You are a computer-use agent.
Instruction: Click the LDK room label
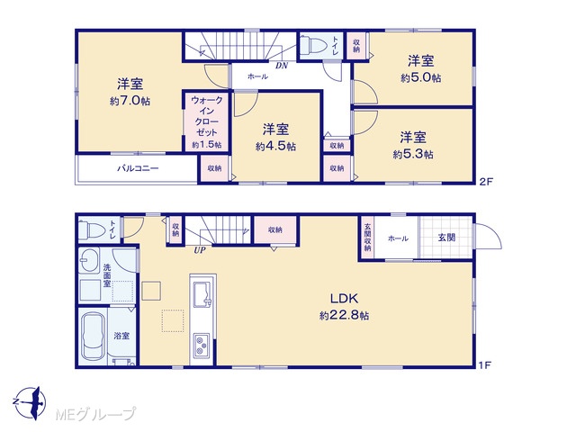coord(344,298)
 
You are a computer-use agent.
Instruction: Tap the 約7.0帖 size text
coord(130,101)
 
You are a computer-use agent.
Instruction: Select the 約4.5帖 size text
coord(275,146)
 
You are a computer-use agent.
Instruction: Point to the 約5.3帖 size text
coord(413,154)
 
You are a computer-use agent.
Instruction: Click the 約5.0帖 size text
coord(421,77)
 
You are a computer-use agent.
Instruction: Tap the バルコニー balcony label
coord(138,168)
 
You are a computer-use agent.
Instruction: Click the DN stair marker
coord(282,66)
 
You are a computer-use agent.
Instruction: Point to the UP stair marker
coord(200,250)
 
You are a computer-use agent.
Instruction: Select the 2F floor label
coord(485,182)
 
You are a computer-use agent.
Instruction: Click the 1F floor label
coord(484,365)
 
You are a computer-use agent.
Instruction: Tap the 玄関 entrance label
coord(446,238)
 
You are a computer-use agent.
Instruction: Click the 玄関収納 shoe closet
coord(367,238)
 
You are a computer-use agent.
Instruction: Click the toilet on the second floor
coord(316,46)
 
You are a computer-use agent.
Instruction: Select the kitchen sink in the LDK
coord(202,294)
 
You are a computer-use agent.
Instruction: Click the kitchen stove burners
coord(202,345)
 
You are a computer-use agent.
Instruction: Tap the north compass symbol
coord(32,402)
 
